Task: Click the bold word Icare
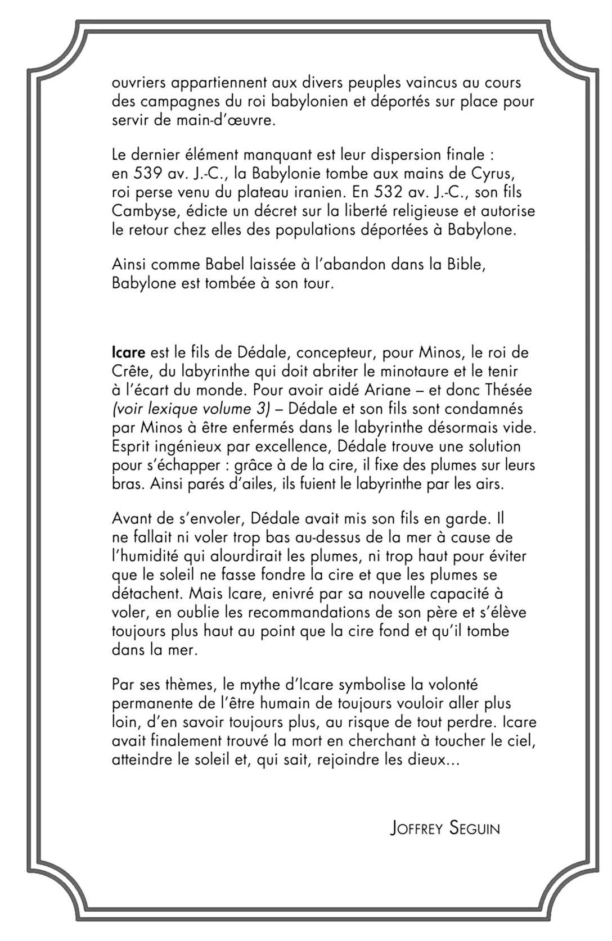[x=128, y=353]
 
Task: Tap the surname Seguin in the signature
[x=474, y=828]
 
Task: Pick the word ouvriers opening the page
[x=138, y=83]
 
